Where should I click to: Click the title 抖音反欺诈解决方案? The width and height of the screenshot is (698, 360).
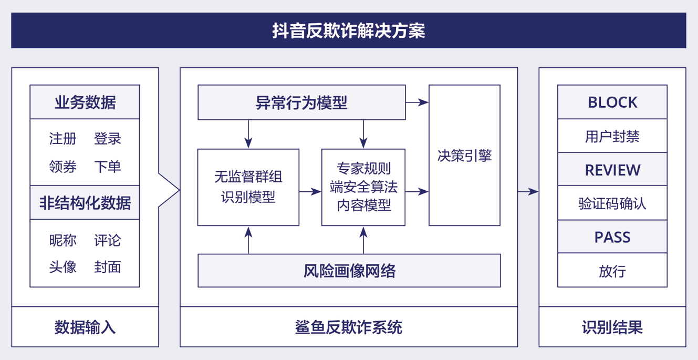tap(349, 30)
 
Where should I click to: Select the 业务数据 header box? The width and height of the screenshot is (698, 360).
tap(85, 102)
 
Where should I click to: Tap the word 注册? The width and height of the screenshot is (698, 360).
tap(62, 138)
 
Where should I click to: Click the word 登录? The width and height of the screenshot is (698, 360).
tap(108, 138)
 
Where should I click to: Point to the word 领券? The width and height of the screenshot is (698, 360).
tap(62, 167)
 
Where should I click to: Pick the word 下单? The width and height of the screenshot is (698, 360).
tap(108, 167)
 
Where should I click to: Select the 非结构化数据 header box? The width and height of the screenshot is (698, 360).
tap(85, 202)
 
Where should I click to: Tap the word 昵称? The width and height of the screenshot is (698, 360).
tap(62, 240)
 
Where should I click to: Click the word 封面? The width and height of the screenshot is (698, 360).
tap(108, 267)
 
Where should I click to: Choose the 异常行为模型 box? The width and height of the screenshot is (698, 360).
tap(301, 102)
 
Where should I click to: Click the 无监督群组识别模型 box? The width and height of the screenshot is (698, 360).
tap(248, 187)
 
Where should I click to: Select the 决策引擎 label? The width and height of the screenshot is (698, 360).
tap(465, 156)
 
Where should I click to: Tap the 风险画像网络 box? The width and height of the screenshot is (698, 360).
tap(349, 271)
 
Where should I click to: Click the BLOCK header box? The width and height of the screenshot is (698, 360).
tap(612, 102)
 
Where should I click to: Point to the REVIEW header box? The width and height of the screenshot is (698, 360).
tap(612, 169)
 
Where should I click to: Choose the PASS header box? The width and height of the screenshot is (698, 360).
tap(612, 236)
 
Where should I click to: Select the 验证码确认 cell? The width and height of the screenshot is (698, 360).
tap(612, 203)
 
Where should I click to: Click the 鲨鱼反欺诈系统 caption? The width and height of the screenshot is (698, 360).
tap(349, 327)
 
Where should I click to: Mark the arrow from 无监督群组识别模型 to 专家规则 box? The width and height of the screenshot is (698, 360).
tap(310, 191)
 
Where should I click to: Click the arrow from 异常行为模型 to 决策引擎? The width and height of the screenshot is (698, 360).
tap(417, 102)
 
